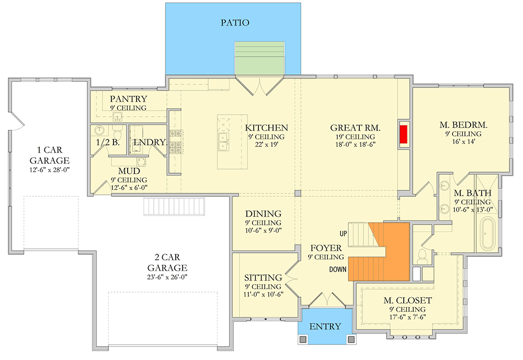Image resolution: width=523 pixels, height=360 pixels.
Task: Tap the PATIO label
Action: coord(234,22)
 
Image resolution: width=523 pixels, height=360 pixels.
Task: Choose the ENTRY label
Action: coord(325,327)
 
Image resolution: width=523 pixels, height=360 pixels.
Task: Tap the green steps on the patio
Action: coord(260,58)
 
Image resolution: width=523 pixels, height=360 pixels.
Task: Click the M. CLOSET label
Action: coord(407,300)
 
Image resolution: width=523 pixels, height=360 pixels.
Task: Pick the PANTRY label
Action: coord(129,99)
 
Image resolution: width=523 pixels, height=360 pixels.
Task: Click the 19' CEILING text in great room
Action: coord(355,137)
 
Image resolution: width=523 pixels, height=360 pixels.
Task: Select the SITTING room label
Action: coord(263,277)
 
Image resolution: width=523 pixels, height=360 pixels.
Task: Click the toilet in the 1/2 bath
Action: coord(118,129)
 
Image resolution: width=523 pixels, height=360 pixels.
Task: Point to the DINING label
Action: coord(264,213)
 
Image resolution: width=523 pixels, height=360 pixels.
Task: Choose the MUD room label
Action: coord(129,171)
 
